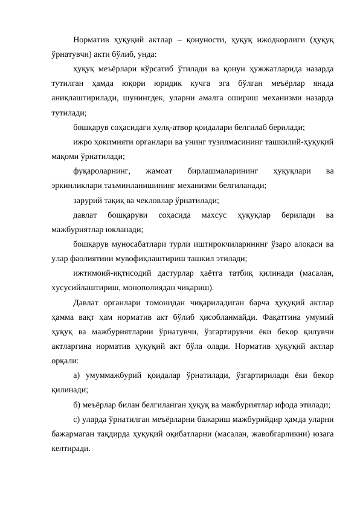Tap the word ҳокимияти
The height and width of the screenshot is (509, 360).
click(x=112, y=142)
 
